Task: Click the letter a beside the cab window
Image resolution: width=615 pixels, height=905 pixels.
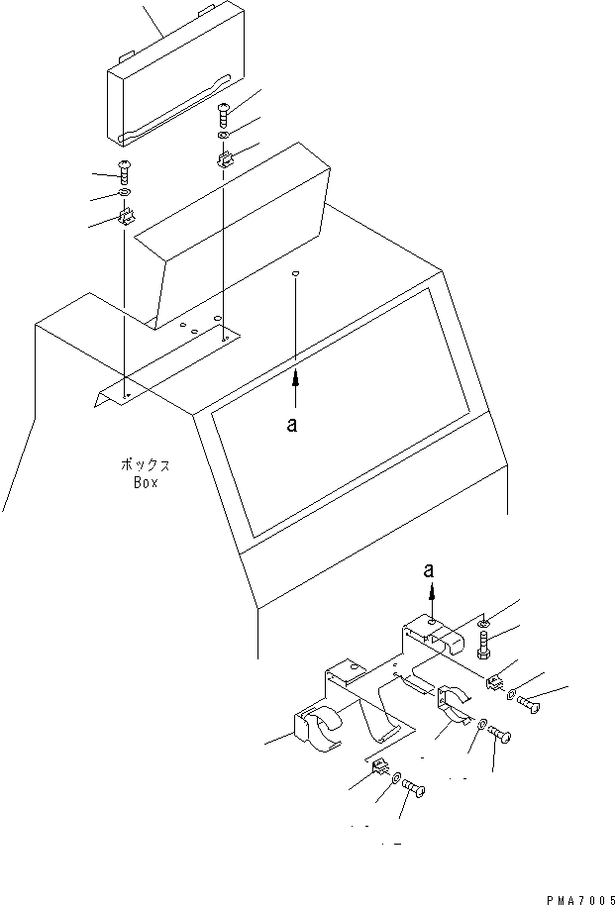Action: tap(291, 425)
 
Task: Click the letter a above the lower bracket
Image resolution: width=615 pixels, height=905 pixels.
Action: tap(429, 570)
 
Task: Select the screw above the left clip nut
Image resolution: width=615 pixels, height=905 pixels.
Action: tap(126, 171)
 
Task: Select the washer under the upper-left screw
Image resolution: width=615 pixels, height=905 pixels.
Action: tap(126, 191)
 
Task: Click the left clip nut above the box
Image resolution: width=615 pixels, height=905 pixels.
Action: tap(126, 217)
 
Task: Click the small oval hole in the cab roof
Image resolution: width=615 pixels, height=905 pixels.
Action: tap(296, 272)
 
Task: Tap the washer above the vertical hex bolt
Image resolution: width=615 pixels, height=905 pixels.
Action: tap(481, 623)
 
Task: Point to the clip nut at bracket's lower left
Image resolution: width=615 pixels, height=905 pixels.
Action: tap(378, 766)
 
